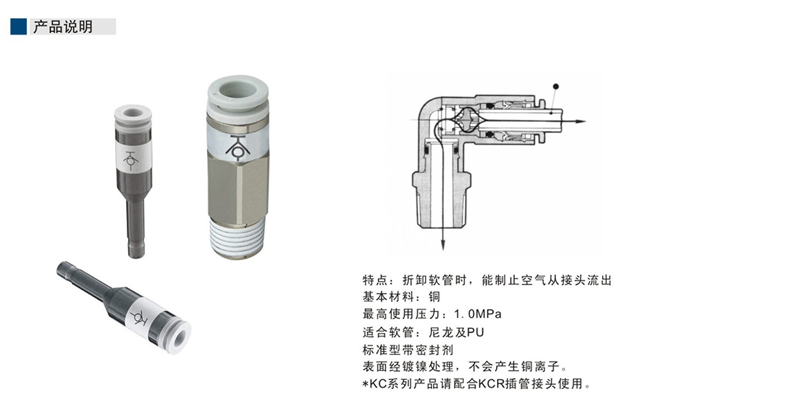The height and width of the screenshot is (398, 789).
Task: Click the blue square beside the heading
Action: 19,27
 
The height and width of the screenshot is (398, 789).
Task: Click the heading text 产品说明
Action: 63,27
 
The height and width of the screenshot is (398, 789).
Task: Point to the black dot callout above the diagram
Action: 556,86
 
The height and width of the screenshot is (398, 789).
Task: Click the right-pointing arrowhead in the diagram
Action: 581,122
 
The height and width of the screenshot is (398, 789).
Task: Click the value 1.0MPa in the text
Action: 478,314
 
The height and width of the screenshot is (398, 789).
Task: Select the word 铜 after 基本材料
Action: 434,297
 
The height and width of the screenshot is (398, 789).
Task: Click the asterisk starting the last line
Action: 366,385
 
